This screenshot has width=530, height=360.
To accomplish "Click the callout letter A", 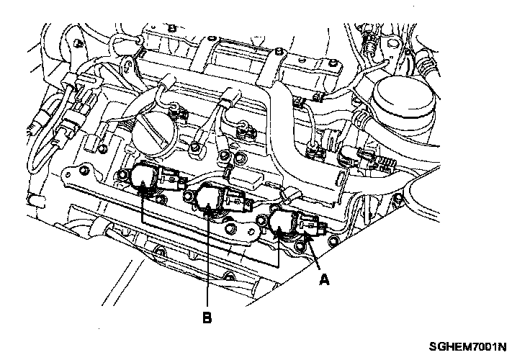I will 325,280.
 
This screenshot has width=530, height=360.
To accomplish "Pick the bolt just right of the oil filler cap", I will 195,148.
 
